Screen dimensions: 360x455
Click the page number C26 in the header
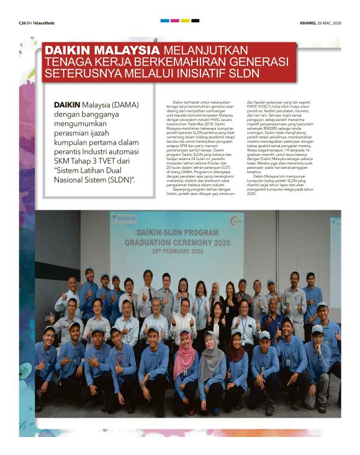[23, 22]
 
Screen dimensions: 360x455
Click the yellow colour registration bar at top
[185, 20]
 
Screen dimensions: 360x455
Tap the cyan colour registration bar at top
[164, 20]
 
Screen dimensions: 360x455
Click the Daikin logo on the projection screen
[124, 218]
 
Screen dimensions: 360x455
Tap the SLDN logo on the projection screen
[236, 220]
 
